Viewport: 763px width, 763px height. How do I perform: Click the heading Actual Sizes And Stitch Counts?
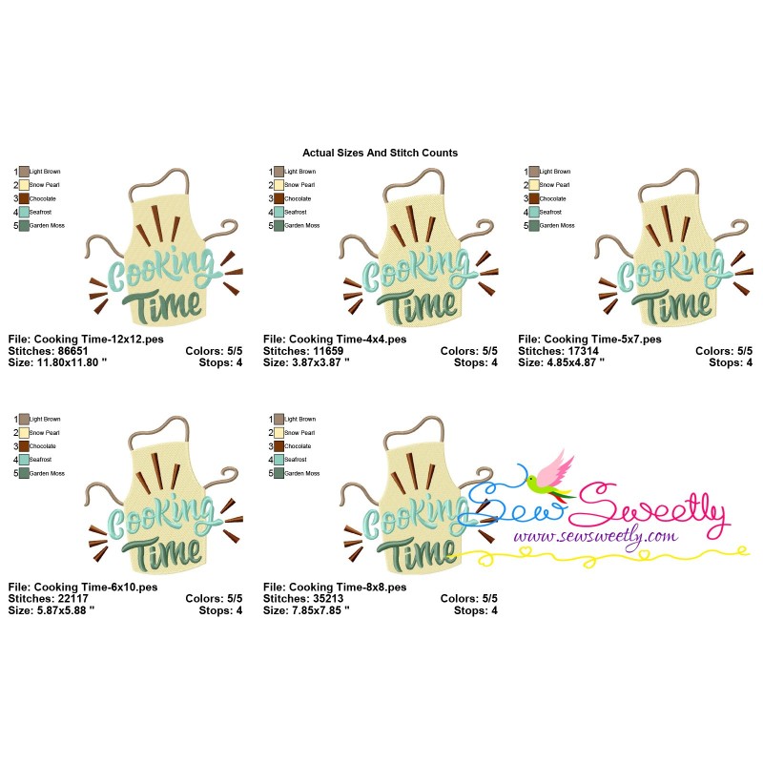pos(380,153)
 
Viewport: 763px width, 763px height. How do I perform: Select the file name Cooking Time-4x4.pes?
pos(334,339)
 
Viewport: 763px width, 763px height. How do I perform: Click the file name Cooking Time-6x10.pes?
pos(82,587)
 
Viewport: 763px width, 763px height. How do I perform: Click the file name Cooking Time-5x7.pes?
pos(589,339)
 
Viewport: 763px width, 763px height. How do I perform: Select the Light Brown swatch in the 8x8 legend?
pos(278,419)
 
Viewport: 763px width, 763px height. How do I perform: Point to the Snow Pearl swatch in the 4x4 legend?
pos(278,185)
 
